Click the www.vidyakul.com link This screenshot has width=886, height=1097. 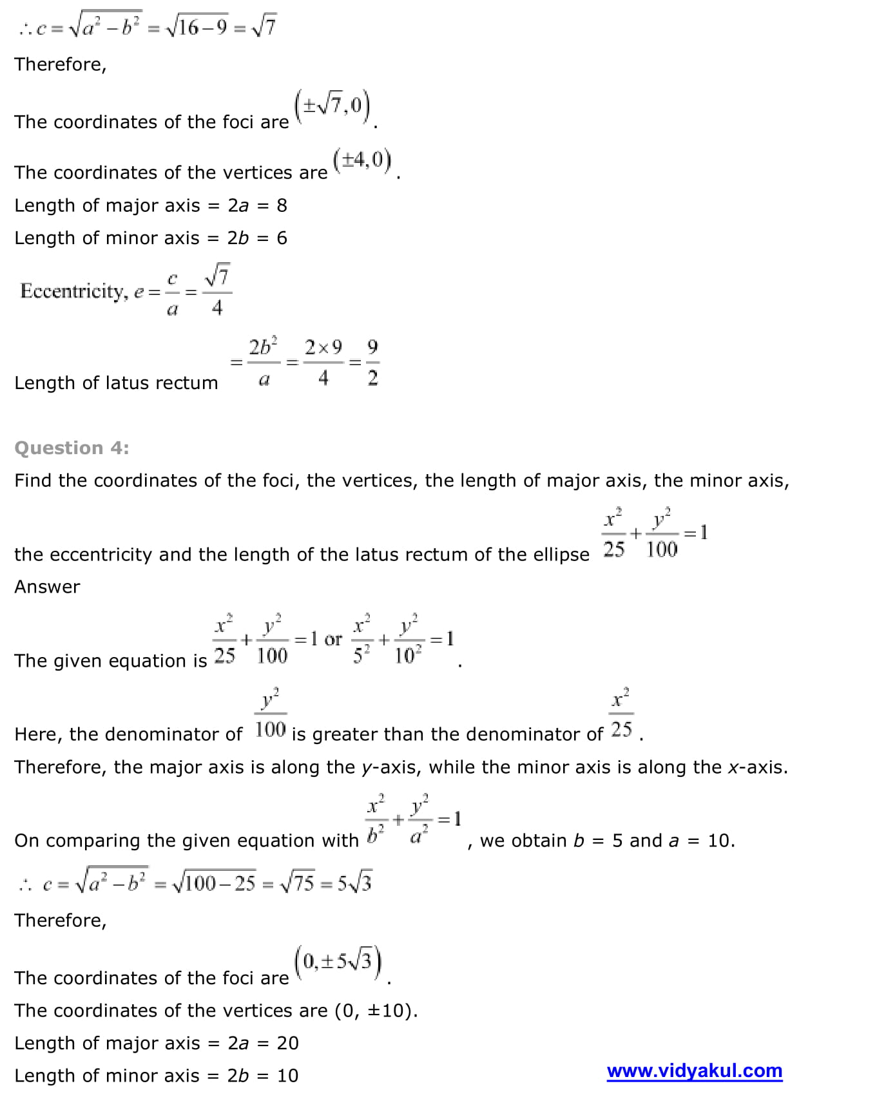[694, 1071]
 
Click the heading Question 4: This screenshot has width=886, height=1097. [72, 448]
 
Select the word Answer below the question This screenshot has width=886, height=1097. [47, 587]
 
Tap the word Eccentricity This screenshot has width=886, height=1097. [73, 291]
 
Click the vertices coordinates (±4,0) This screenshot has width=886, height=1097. [362, 160]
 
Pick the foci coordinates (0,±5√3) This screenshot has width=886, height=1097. [338, 962]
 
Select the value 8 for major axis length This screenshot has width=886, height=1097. [282, 205]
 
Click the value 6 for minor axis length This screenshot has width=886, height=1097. [282, 238]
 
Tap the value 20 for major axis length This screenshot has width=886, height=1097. [287, 1043]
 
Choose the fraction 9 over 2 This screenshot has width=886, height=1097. [372, 363]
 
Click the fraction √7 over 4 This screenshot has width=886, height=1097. [217, 291]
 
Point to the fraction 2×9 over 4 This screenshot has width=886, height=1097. [323, 363]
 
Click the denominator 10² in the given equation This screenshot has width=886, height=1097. [408, 656]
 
